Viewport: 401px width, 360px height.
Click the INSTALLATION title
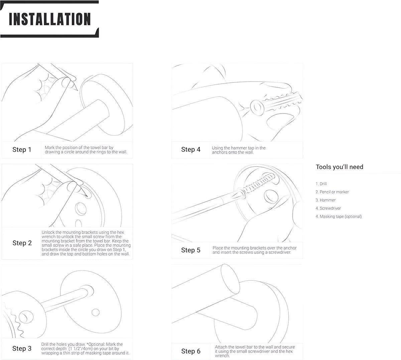tap(49, 19)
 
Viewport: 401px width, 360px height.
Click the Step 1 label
tap(22, 150)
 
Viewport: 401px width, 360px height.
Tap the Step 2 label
tap(22, 243)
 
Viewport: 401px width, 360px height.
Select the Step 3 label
tap(22, 349)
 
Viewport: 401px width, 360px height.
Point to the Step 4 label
tap(191, 150)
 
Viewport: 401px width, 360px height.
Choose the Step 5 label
tap(191, 250)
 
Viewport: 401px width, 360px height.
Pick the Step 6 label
tap(191, 351)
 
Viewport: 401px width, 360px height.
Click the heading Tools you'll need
tap(340, 167)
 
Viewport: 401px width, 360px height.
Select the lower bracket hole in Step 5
tap(270, 196)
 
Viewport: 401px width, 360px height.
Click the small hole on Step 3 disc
tap(96, 313)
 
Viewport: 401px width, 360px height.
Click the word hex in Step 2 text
tap(121, 232)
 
